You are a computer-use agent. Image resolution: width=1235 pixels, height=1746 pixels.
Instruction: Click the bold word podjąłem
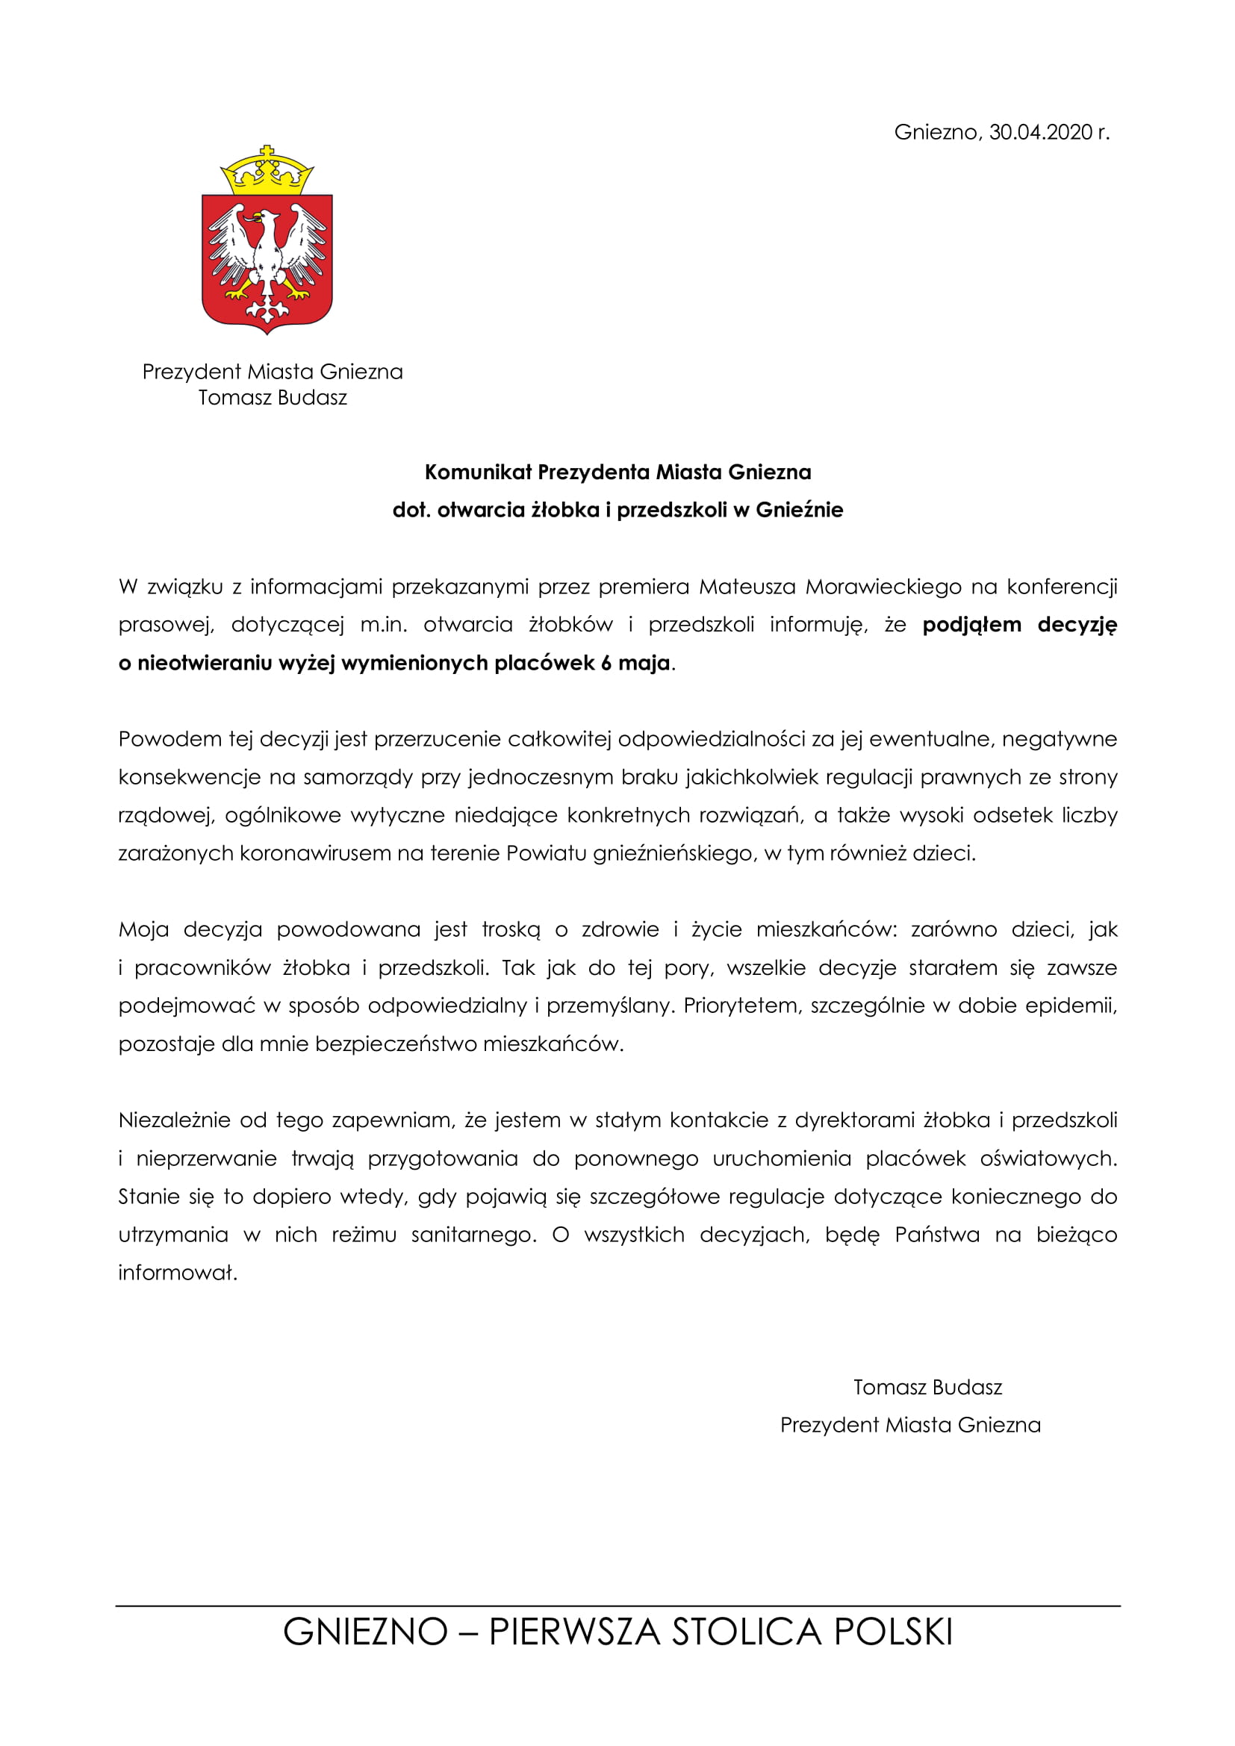[x=971, y=625]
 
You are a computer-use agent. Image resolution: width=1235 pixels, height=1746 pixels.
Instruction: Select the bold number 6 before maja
[x=606, y=663]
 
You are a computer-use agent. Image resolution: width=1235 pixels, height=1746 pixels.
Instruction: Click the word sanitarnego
[x=473, y=1234]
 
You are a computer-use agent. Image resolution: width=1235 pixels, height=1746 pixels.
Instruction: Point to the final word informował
[x=178, y=1272]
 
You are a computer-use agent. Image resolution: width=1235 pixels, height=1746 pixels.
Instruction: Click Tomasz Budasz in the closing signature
[x=927, y=1387]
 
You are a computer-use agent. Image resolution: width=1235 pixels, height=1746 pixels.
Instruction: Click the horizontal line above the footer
[x=617, y=1606]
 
